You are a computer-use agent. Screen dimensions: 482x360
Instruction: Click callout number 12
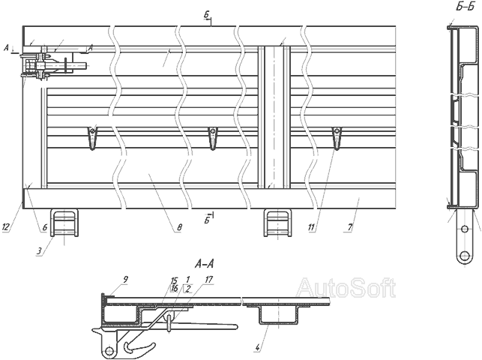tap(6, 227)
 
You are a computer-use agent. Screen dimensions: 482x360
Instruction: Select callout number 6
tap(45, 227)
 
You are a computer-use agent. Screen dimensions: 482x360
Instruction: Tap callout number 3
tap(39, 251)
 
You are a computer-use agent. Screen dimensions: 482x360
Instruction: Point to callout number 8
tap(179, 227)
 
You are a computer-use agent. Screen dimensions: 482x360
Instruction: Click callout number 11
tap(311, 227)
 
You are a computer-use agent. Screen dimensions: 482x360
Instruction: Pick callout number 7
tap(350, 227)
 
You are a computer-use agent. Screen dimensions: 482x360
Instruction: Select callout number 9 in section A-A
tap(125, 280)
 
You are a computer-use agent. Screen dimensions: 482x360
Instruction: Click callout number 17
tap(208, 280)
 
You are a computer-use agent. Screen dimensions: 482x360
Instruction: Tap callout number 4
tap(258, 348)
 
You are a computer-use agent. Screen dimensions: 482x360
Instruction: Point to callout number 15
tap(175, 280)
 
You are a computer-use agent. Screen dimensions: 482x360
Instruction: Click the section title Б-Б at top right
tap(466, 7)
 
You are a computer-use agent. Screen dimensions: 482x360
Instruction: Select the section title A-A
tap(205, 264)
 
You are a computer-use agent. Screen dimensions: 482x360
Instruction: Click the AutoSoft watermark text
tap(346, 287)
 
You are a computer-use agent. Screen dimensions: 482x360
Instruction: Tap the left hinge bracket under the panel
tap(64, 223)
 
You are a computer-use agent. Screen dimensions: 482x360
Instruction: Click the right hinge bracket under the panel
tap(278, 223)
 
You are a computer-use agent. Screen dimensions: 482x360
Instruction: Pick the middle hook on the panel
tap(212, 138)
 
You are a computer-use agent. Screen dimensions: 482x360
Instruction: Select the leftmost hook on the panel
tap(92, 138)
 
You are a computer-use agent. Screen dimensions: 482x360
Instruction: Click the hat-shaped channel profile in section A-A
tap(278, 314)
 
